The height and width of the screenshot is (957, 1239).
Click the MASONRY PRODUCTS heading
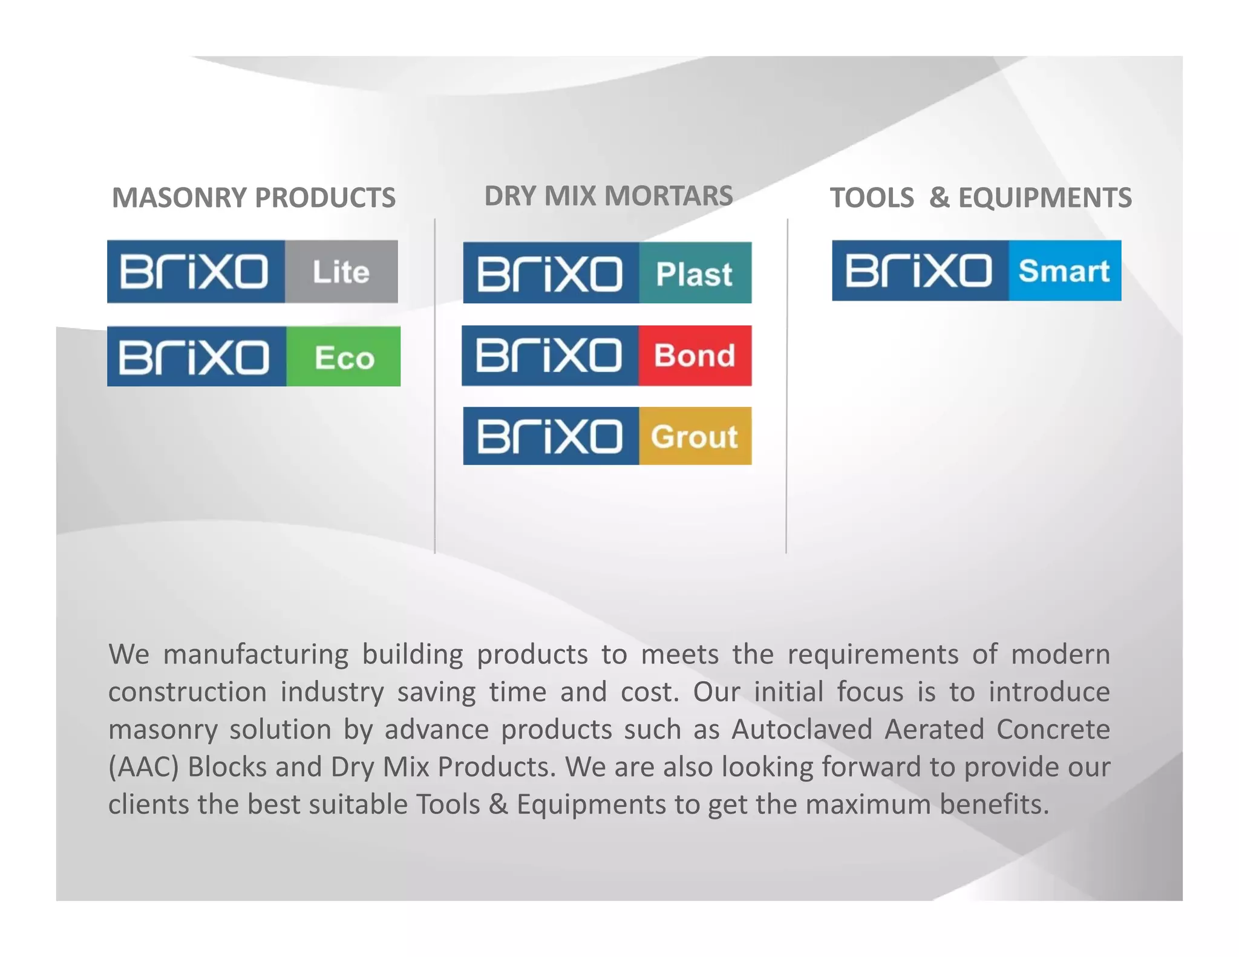coord(253,198)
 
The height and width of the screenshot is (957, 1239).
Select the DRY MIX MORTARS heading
coord(608,196)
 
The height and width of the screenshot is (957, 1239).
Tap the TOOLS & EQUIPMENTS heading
coord(980,198)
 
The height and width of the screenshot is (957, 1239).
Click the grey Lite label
coord(341,272)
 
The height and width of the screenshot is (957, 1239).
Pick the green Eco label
coord(344,357)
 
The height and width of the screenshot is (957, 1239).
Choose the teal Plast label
coord(695,273)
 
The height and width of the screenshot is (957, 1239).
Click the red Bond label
coord(695,356)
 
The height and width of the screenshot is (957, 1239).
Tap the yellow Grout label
coord(695,436)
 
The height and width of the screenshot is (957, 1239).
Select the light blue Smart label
coord(1064,271)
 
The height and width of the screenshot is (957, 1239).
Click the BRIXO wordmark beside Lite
coord(194,272)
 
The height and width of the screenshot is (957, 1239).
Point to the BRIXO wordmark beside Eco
coord(194,357)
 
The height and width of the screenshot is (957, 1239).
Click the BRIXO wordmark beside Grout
coord(549,436)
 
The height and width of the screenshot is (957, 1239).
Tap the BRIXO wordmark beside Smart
coord(918,271)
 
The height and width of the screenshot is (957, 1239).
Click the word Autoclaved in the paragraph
coord(802,730)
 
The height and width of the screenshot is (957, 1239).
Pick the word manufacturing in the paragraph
coord(256,655)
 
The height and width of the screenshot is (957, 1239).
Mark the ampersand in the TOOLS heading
coord(939,198)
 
